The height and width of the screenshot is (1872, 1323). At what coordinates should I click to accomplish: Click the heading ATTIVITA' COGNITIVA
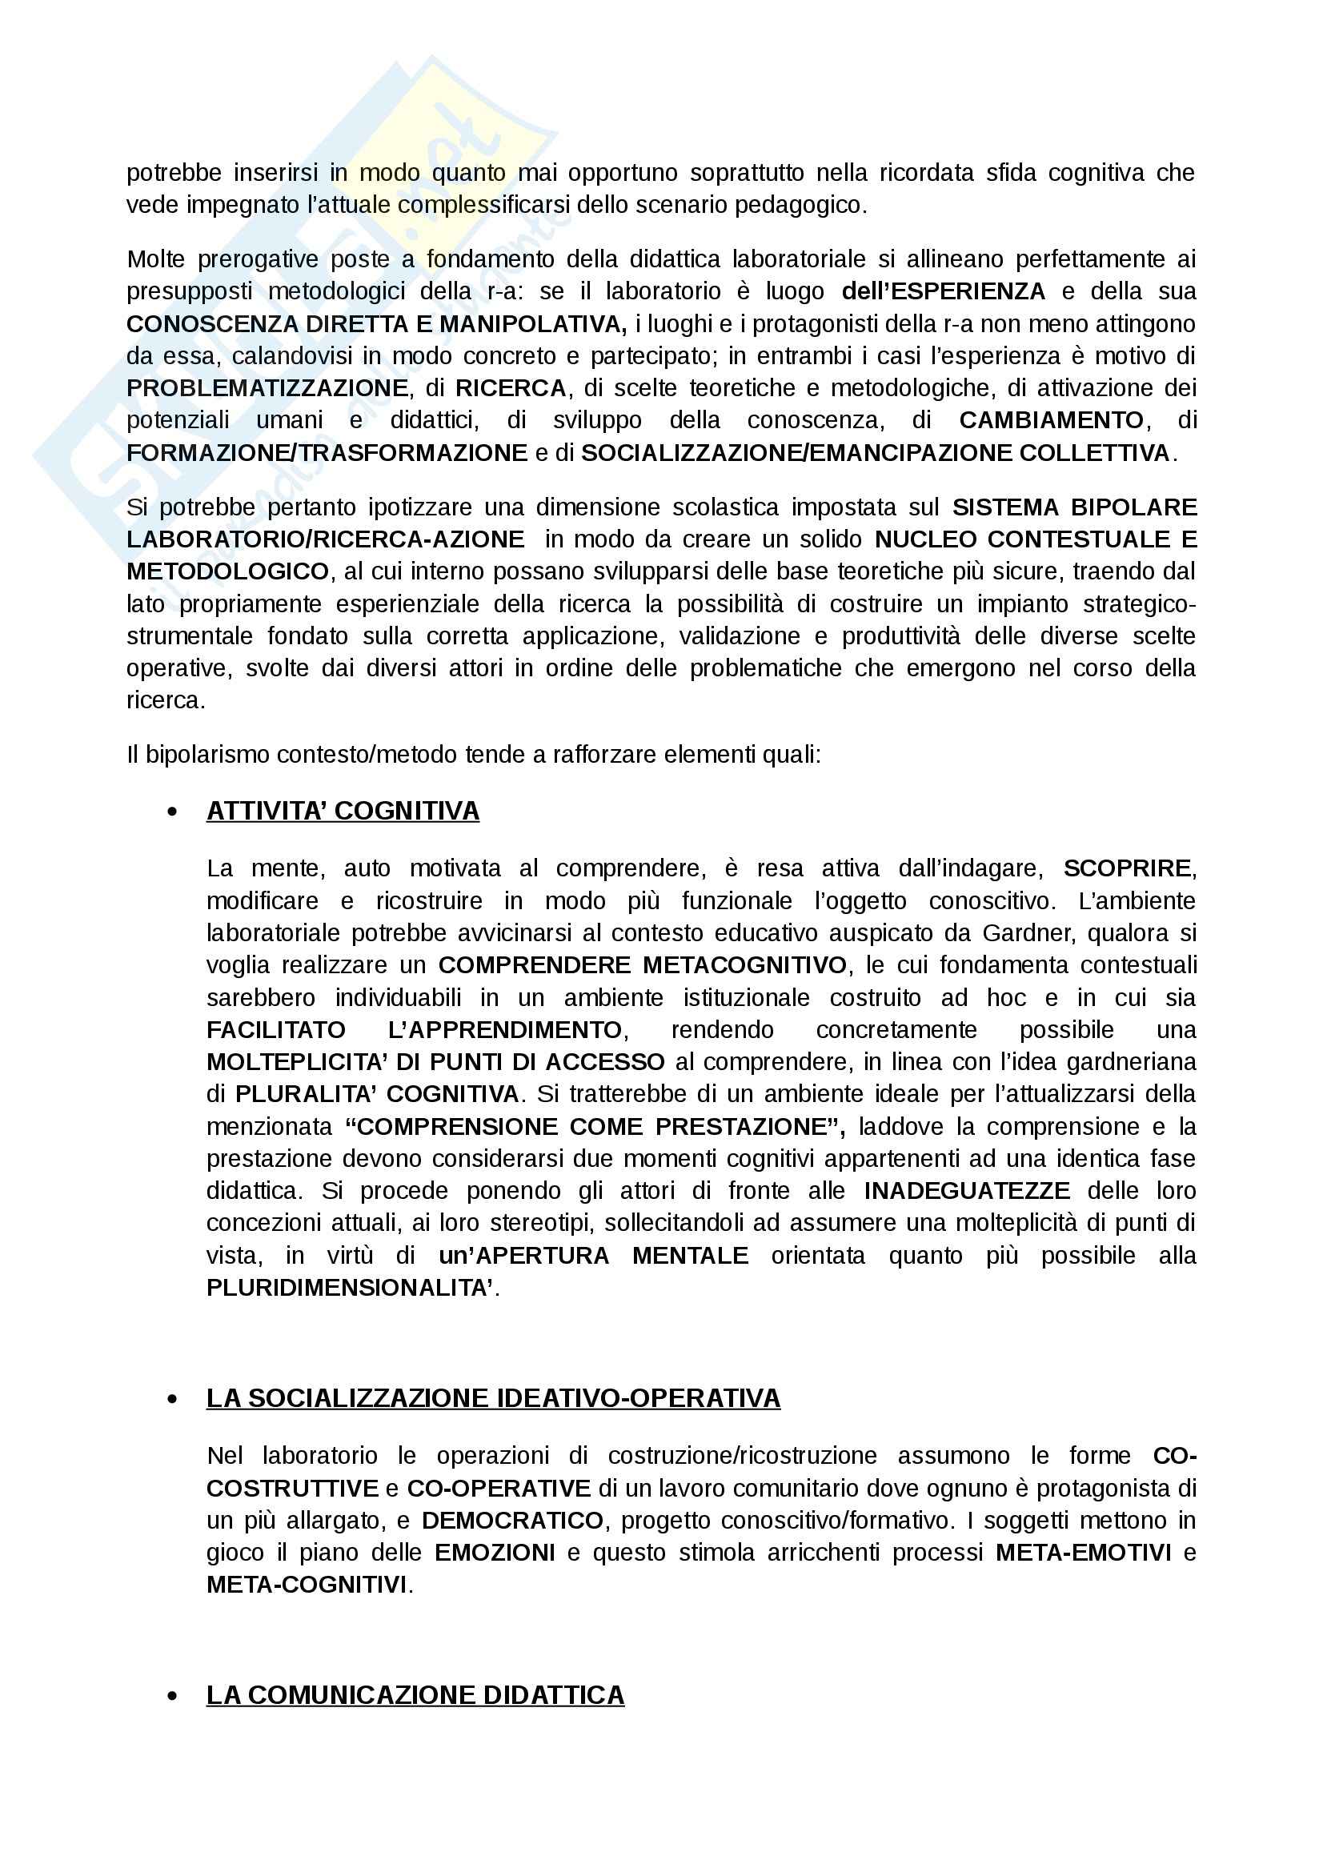pyautogui.click(x=343, y=812)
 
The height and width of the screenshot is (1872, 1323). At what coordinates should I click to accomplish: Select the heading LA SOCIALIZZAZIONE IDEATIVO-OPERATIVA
pyautogui.click(x=493, y=1398)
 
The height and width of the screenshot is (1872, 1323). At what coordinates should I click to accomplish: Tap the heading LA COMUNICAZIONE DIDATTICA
pyautogui.click(x=415, y=1695)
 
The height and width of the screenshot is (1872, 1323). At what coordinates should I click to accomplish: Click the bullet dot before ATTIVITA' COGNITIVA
pyautogui.click(x=172, y=812)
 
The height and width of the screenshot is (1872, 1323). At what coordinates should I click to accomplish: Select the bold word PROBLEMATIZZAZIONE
pyautogui.click(x=267, y=388)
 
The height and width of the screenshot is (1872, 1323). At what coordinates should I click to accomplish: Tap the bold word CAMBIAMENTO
pyautogui.click(x=1052, y=420)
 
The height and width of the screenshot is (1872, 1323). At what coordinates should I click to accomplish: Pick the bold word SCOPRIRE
pyautogui.click(x=1128, y=868)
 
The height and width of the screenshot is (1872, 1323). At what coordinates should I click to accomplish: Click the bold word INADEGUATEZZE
pyautogui.click(x=967, y=1190)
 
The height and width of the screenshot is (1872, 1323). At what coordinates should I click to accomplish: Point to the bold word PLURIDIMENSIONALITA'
pyautogui.click(x=350, y=1288)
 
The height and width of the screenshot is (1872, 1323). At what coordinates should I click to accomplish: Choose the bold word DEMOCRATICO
pyautogui.click(x=512, y=1521)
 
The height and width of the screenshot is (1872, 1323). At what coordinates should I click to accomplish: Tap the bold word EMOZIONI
pyautogui.click(x=495, y=1553)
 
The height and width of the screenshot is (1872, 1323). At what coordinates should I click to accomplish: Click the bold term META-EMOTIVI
pyautogui.click(x=1084, y=1553)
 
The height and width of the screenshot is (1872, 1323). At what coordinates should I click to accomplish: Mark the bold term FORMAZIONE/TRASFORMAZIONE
pyautogui.click(x=327, y=452)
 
